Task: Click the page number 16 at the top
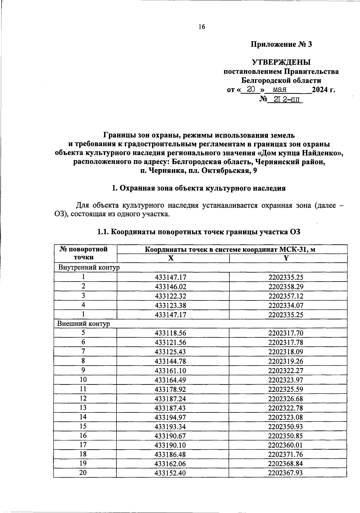pyautogui.click(x=202, y=27)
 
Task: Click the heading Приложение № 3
pyautogui.click(x=281, y=45)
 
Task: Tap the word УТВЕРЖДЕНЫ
pyautogui.click(x=281, y=62)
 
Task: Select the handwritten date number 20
pyautogui.click(x=251, y=89)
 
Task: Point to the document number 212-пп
pyautogui.click(x=285, y=99)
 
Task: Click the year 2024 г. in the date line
pyautogui.click(x=323, y=89)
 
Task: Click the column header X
pyautogui.click(x=171, y=258)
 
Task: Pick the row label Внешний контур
pyautogui.click(x=84, y=324)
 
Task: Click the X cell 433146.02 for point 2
pyautogui.click(x=170, y=287)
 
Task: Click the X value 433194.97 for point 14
pyautogui.click(x=170, y=417)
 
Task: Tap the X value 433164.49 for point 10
pyautogui.click(x=170, y=380)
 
